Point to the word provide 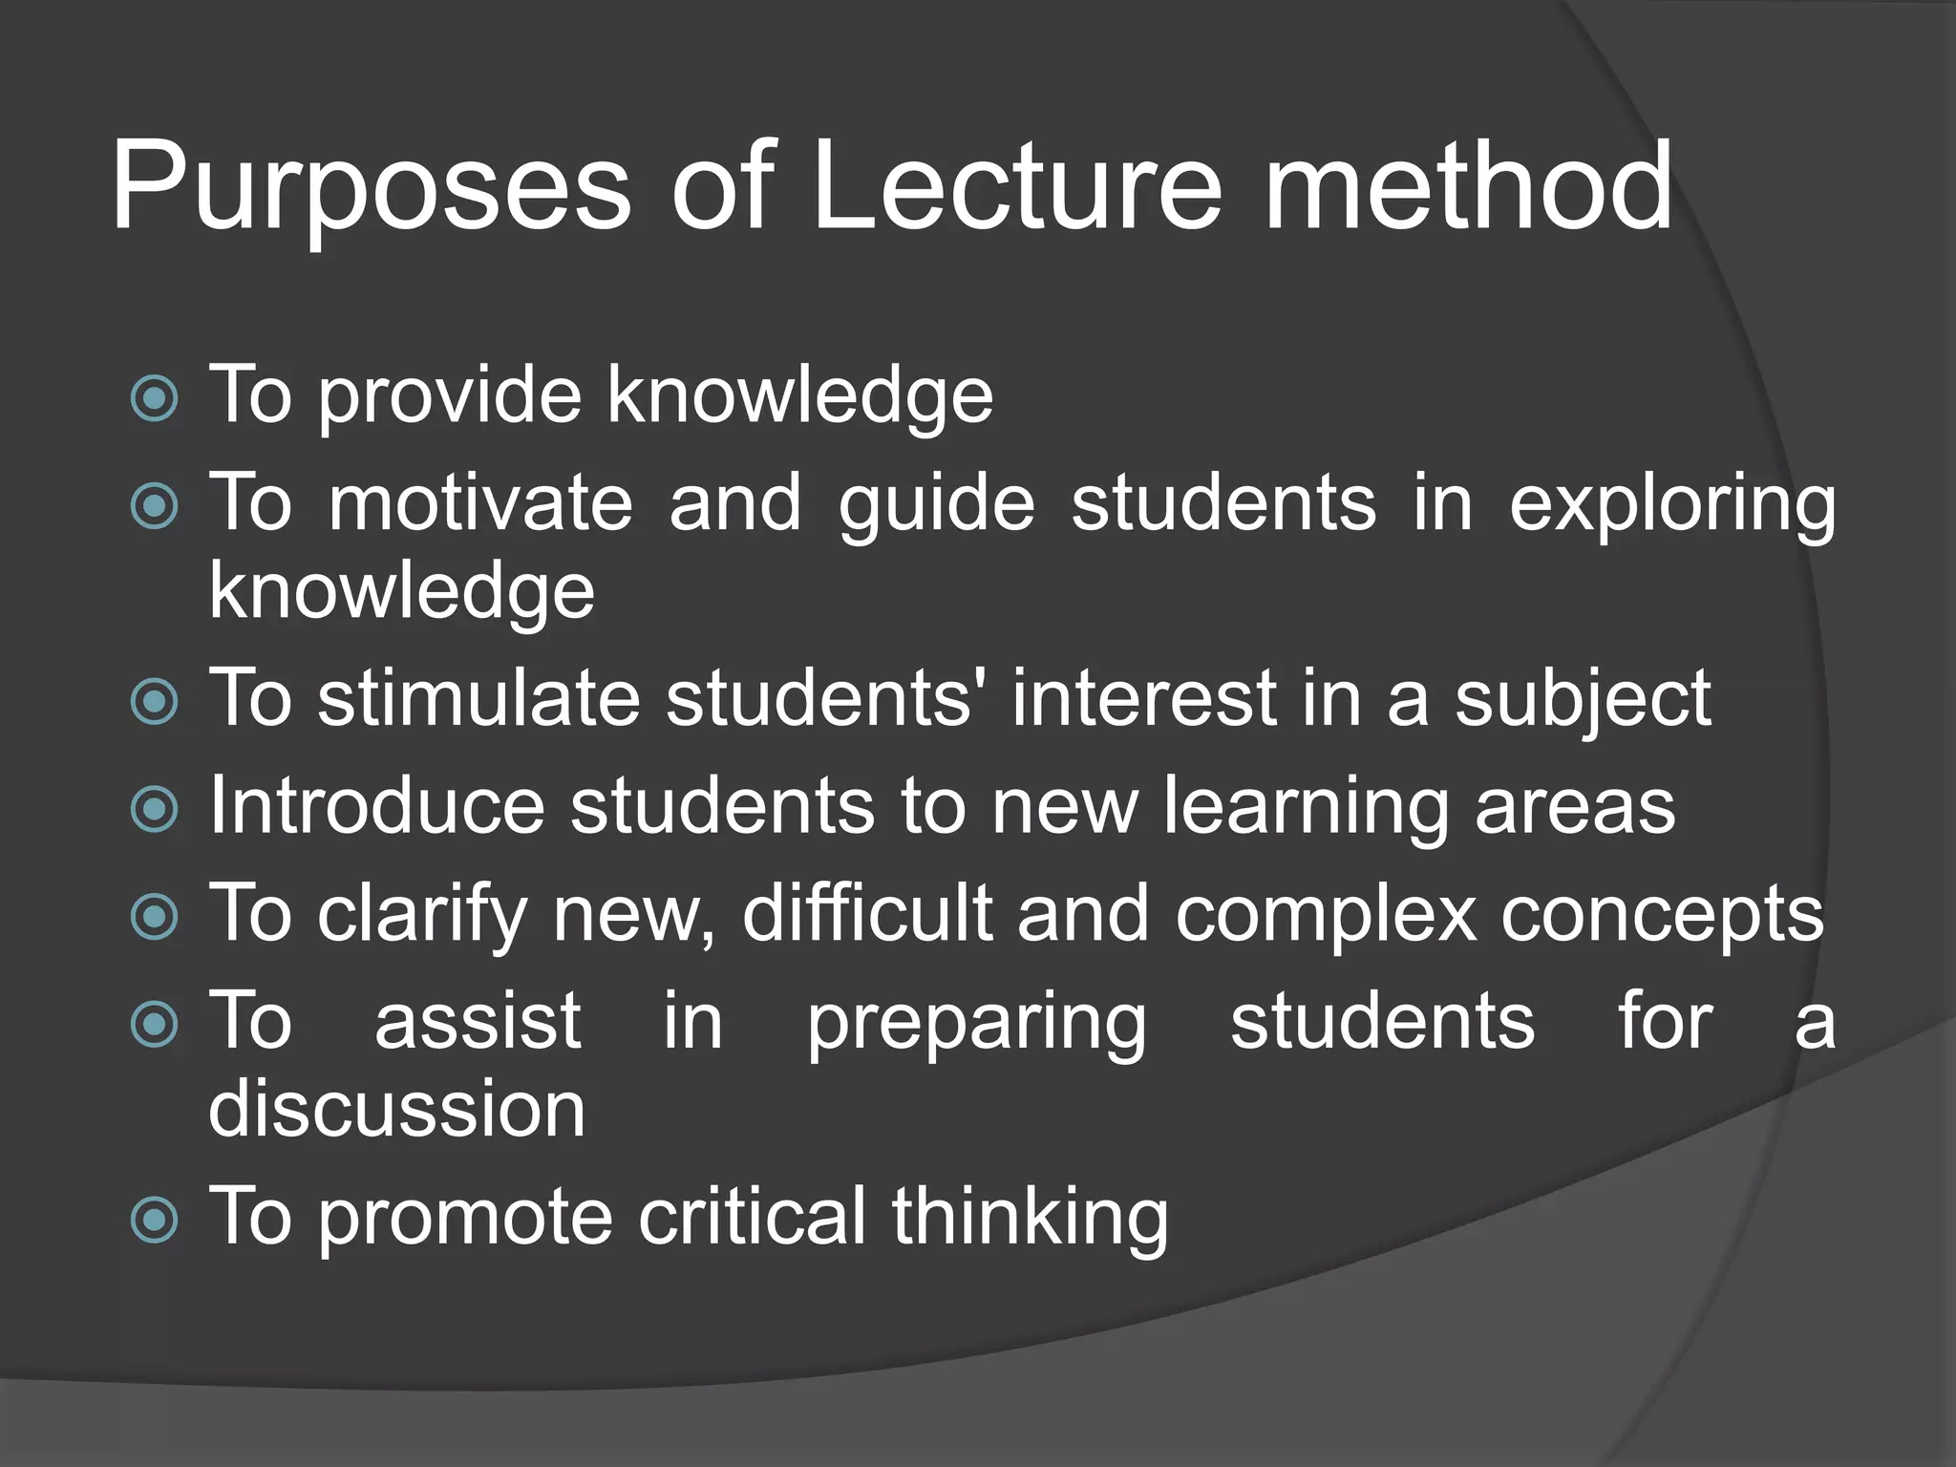click(x=450, y=395)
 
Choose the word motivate click(x=480, y=503)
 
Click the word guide click(x=936, y=505)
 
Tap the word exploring click(x=1672, y=505)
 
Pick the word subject click(x=1583, y=701)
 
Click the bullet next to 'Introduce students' click(x=154, y=810)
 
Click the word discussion click(x=396, y=1110)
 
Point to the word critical click(x=752, y=1217)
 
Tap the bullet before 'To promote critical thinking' click(x=154, y=1220)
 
